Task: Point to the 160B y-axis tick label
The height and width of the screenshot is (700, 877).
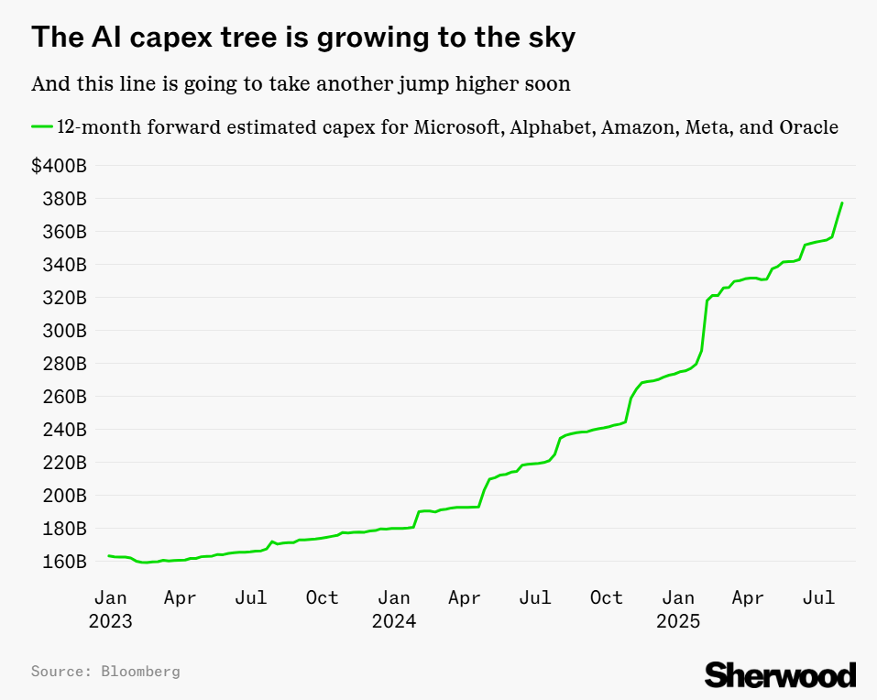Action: coord(62,561)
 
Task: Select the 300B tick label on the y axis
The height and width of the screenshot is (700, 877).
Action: coord(62,330)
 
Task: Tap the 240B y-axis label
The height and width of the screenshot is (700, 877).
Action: coord(62,429)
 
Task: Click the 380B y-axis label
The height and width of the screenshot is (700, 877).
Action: coord(62,199)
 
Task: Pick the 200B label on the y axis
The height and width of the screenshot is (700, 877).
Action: coord(62,495)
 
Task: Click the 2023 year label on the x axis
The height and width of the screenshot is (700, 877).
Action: coord(111,621)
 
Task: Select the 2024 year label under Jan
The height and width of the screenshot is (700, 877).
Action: coord(394,621)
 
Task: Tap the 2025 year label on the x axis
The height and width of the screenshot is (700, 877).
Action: coord(678,621)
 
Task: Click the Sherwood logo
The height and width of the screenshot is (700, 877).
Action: coord(780,674)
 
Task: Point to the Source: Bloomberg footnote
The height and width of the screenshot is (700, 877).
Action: coord(105,672)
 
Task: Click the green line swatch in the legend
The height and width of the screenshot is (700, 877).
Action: coord(42,127)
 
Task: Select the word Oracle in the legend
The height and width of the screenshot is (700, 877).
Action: coord(808,127)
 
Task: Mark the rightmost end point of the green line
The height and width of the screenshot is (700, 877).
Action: coord(842,202)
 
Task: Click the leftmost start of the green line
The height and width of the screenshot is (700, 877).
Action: coord(108,555)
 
